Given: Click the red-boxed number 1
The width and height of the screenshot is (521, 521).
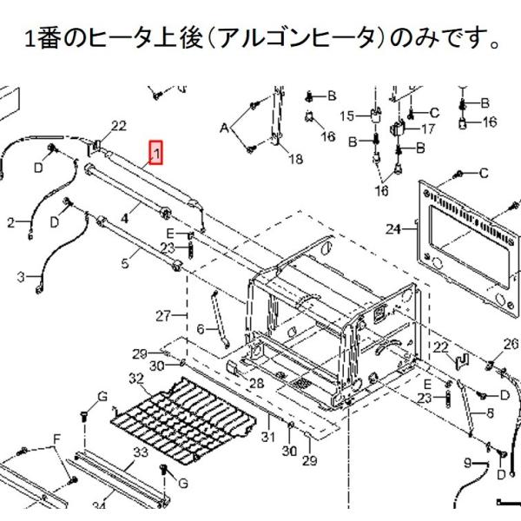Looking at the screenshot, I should coord(155,154).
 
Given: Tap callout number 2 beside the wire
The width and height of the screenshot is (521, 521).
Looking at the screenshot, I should coord(11,223).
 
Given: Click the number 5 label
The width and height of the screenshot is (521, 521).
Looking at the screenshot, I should coord(125,258).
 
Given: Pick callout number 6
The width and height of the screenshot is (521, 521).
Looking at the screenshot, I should coord(200,329).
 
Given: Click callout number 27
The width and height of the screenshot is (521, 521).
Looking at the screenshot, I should coord(164,314).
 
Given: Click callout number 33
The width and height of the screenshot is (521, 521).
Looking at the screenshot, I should coord(140,452).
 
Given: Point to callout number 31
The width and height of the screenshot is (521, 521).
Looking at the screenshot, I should coord(269,437).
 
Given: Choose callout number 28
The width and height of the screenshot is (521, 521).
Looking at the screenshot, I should coord(257,382).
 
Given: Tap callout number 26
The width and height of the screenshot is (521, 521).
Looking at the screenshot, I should coord(510,345).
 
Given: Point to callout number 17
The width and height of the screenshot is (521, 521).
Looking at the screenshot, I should coord(427,129).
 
